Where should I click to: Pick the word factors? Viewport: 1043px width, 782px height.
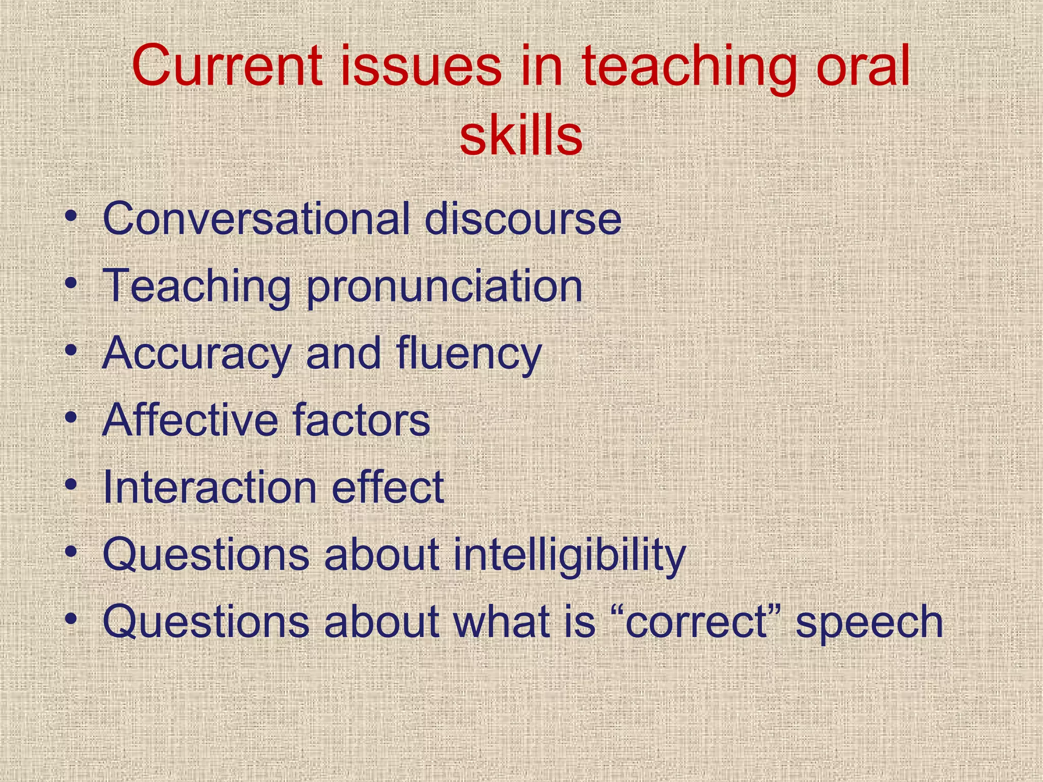coord(362,420)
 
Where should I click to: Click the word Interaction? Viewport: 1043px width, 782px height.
coord(209,487)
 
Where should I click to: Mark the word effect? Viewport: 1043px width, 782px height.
coord(388,487)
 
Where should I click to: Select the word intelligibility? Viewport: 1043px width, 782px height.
coord(569,555)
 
